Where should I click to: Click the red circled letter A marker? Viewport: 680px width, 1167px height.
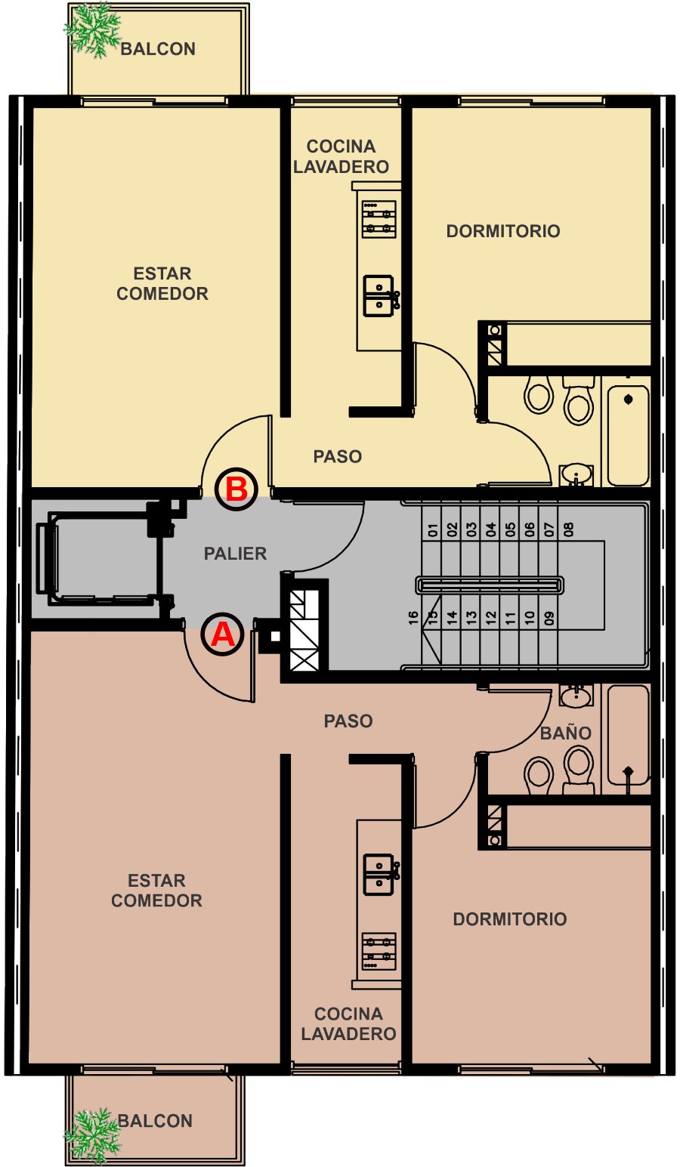tap(222, 634)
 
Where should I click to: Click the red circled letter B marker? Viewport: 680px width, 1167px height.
tap(236, 489)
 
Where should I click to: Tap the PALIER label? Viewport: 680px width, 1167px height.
tap(235, 553)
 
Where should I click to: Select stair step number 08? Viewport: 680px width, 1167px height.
tap(568, 529)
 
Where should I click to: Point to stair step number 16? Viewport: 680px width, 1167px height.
tap(413, 618)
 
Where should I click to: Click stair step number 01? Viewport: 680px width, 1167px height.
tap(433, 530)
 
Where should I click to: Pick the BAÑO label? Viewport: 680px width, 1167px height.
tap(565, 733)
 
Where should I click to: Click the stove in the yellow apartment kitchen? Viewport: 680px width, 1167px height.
tap(379, 219)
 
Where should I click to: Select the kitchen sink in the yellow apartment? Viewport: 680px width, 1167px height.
tap(381, 296)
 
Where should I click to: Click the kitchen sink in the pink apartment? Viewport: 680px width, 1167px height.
tap(381, 875)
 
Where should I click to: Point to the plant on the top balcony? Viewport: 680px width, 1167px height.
tap(93, 30)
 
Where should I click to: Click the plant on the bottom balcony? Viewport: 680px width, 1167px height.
tap(93, 1136)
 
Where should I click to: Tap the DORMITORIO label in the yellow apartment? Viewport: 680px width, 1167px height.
tap(503, 231)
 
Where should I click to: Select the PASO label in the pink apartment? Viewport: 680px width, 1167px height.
tap(348, 721)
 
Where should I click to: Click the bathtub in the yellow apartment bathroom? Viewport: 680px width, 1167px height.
tap(629, 436)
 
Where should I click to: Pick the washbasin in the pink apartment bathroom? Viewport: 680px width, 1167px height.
tap(576, 696)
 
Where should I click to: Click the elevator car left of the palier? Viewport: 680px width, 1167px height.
tap(98, 558)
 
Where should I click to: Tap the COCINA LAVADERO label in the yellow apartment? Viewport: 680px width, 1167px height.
tap(341, 156)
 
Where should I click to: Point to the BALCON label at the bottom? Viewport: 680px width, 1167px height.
tap(156, 1121)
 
